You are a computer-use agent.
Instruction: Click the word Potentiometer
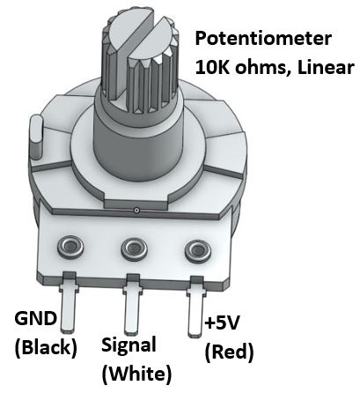tap(263, 39)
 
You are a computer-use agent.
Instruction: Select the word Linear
tap(326, 68)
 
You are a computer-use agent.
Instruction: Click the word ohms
tap(262, 68)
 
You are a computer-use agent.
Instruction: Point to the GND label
tap(35, 318)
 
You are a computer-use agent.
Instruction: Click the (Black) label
tap(46, 348)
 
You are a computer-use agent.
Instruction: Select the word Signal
tap(129, 345)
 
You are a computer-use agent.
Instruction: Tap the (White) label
tap(136, 374)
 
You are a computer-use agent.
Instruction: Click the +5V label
tap(222, 323)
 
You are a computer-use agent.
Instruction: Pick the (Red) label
tap(229, 352)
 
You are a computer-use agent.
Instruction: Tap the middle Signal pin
tap(132, 306)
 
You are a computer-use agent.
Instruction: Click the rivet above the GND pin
tap(70, 246)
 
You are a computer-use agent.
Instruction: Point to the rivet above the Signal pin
tap(134, 248)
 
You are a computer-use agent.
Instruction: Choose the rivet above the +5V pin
tap(197, 250)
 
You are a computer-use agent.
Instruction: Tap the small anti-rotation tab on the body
tap(37, 137)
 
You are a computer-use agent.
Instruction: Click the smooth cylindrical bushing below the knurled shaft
tap(138, 141)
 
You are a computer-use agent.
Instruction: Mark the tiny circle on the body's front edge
tap(136, 210)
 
